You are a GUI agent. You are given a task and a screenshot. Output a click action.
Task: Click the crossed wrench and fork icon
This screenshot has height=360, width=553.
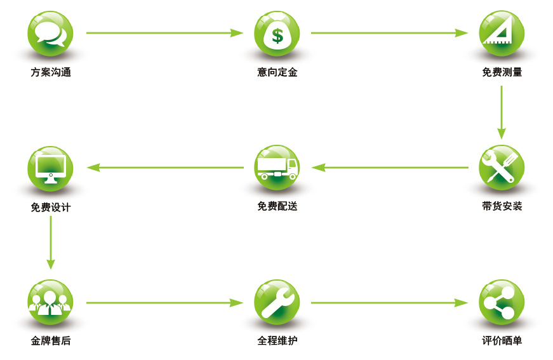pos(501,168)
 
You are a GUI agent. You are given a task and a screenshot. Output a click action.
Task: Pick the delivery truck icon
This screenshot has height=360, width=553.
pos(277,168)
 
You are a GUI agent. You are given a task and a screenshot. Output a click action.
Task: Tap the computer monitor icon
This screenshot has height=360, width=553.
pos(50,168)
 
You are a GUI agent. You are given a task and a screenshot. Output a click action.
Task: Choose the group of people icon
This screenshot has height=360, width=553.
pos(50,302)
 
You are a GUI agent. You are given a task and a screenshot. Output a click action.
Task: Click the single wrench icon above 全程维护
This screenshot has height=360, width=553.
pos(277,302)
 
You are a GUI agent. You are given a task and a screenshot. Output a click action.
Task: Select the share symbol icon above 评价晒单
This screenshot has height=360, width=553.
pos(501,302)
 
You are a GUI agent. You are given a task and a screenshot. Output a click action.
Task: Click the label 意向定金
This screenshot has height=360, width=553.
pos(277,72)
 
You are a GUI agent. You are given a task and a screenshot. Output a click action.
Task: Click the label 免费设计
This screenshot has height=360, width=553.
pos(50,207)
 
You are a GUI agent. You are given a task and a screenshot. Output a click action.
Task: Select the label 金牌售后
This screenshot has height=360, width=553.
pos(50,341)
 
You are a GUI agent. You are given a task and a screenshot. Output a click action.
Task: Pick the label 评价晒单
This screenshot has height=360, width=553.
pos(502,341)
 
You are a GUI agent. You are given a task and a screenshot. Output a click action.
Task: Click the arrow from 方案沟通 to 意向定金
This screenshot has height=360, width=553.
pos(164,33)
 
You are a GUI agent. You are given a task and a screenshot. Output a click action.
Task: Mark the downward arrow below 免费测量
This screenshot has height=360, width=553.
pos(501,112)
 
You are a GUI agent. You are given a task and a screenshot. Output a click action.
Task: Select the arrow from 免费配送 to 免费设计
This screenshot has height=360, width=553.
pos(165,168)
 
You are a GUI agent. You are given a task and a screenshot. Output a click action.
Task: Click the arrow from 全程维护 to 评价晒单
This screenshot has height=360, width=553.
pos(389,303)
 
